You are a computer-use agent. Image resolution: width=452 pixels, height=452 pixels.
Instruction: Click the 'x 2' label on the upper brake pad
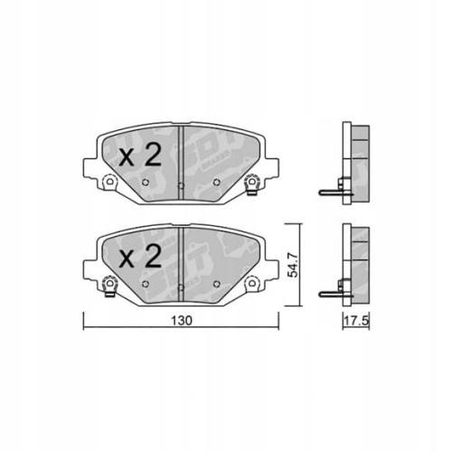(x=140, y=155)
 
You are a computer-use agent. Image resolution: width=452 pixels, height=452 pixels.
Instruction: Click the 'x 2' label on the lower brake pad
(x=140, y=258)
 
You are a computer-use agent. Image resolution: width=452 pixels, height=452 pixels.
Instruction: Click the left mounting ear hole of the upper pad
(x=109, y=186)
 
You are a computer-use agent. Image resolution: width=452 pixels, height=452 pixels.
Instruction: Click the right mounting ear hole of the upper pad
(x=252, y=186)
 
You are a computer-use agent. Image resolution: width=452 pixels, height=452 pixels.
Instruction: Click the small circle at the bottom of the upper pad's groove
(x=181, y=186)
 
